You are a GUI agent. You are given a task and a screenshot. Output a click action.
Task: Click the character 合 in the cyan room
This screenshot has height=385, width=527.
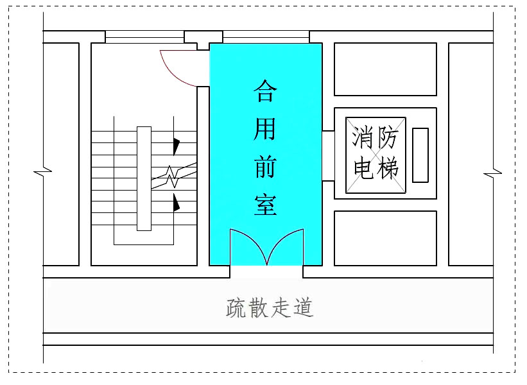tap(265, 91)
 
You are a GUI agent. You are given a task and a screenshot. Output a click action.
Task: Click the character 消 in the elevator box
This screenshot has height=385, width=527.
tap(363, 137)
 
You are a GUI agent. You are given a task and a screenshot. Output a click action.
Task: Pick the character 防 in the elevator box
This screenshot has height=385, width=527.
tap(388, 137)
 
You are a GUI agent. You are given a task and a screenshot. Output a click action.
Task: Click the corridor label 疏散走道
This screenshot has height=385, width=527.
tap(270, 308)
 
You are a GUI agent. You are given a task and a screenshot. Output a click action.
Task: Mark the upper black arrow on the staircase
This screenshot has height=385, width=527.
tap(176, 145)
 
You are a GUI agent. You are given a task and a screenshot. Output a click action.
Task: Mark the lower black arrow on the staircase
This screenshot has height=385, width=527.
tap(176, 203)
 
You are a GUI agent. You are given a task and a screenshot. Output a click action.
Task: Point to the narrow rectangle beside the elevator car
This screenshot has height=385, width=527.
tap(420, 155)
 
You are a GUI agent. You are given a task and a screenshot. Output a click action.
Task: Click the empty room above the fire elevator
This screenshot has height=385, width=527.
tap(385, 69)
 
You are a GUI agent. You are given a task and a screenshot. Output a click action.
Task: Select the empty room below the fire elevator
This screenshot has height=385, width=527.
tap(385, 237)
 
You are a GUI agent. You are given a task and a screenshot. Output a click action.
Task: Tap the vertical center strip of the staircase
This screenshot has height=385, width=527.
tap(144, 178)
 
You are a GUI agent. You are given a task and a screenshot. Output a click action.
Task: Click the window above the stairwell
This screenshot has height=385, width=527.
tap(144, 38)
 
